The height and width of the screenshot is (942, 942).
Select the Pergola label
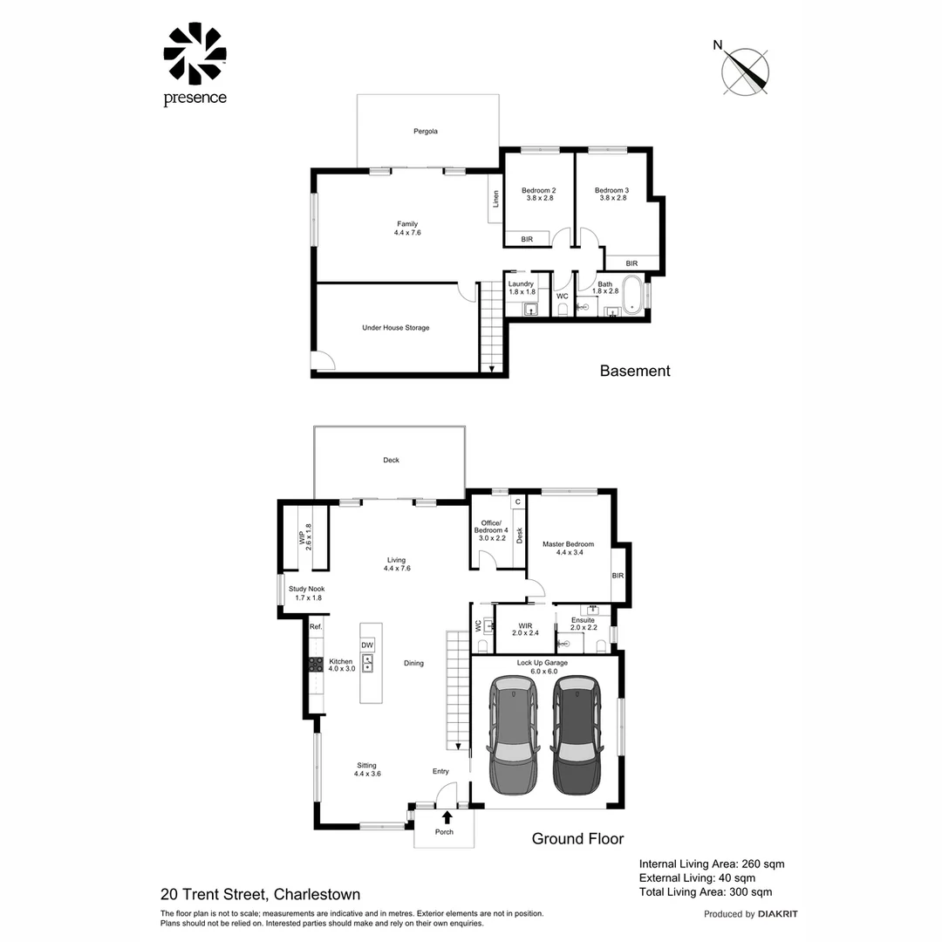point(425,132)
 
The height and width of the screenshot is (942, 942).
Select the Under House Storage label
point(395,328)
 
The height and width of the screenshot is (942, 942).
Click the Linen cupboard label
point(495,199)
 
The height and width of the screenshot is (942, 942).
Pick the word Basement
point(635,371)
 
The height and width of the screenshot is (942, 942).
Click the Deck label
point(391,461)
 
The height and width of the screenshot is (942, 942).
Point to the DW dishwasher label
point(367,645)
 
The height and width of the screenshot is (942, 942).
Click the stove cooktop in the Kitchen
point(316,664)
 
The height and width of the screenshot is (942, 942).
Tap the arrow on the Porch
point(447,817)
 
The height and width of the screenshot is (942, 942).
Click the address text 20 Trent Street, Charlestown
point(260,894)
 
